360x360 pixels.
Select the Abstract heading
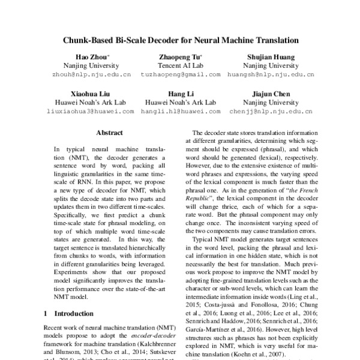(x=109, y=133)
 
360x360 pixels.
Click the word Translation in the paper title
(x=274, y=41)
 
